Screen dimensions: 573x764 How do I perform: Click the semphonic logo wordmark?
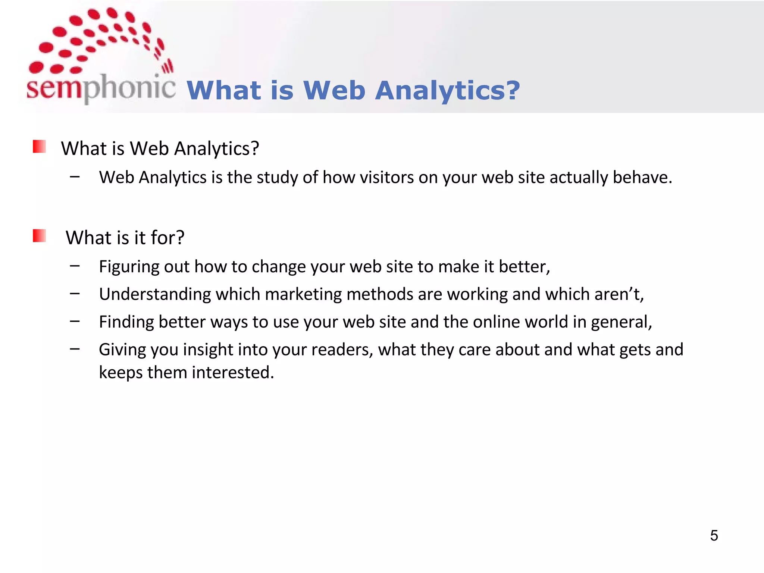tap(101, 88)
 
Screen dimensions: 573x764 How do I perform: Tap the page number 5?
tap(714, 535)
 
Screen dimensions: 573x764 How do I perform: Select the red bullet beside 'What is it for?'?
tap(40, 236)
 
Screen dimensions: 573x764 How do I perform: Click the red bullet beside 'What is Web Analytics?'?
tap(40, 147)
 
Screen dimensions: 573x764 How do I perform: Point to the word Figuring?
tap(129, 267)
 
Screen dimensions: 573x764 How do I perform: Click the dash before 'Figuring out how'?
tap(75, 266)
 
